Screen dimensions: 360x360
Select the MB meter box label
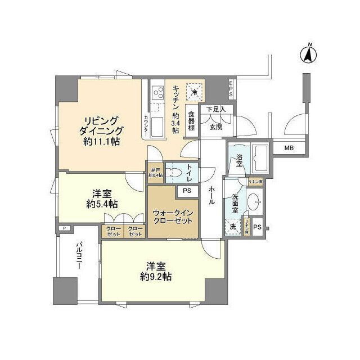coord(289,148)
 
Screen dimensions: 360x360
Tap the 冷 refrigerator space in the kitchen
coord(193,92)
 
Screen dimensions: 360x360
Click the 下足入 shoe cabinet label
coord(215,109)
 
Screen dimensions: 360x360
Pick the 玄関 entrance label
coord(216,127)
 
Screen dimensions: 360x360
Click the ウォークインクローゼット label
coord(173,217)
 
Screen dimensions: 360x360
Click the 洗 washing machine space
coord(233,227)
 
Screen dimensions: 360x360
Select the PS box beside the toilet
coord(187,191)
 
